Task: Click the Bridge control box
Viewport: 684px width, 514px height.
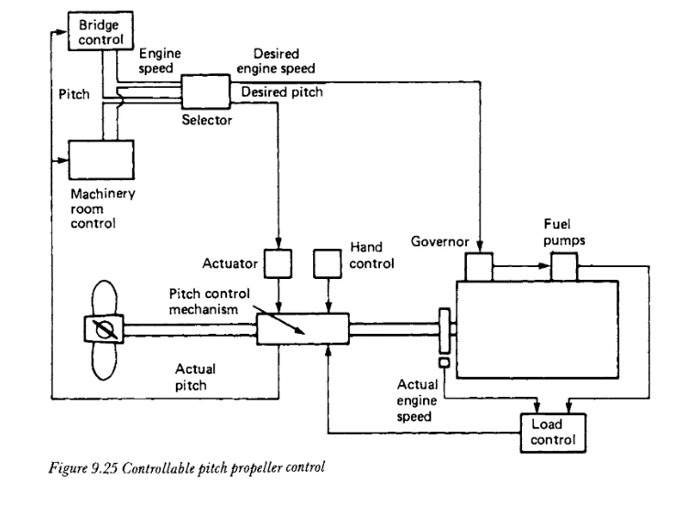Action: pyautogui.click(x=101, y=31)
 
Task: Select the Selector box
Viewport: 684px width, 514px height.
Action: pyautogui.click(x=205, y=91)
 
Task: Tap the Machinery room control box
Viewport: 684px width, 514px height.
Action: pyautogui.click(x=102, y=160)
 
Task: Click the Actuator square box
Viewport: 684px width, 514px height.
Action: pyautogui.click(x=277, y=263)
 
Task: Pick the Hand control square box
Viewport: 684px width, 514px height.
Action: pyautogui.click(x=328, y=263)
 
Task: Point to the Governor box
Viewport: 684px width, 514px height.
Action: pyautogui.click(x=479, y=267)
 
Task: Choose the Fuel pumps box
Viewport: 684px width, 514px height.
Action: pyautogui.click(x=564, y=267)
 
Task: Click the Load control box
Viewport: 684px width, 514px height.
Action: pyautogui.click(x=553, y=434)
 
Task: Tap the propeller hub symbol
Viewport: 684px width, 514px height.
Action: pyautogui.click(x=103, y=329)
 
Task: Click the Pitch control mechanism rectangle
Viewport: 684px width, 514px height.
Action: pyautogui.click(x=303, y=329)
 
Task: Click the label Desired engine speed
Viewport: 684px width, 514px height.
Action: pyautogui.click(x=276, y=61)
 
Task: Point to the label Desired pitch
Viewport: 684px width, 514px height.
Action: pyautogui.click(x=282, y=92)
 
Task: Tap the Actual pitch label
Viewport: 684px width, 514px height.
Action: pyautogui.click(x=195, y=377)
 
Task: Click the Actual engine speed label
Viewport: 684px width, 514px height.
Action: pyautogui.click(x=417, y=401)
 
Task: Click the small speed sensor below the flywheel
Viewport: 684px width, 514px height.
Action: pyautogui.click(x=444, y=362)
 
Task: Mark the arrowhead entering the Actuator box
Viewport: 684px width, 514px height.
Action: pyautogui.click(x=278, y=243)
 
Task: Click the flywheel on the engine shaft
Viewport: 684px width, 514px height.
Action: pyautogui.click(x=444, y=330)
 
